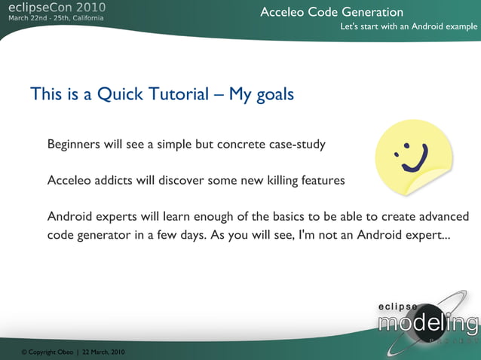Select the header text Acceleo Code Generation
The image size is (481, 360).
(332, 12)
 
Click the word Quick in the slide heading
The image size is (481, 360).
(115, 95)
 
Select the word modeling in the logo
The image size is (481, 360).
(427, 325)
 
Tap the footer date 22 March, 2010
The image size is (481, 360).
(103, 352)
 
